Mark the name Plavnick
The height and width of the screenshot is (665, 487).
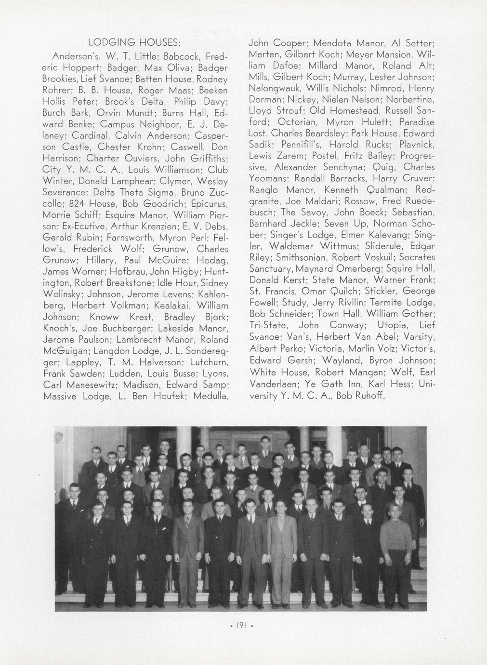pos(418,145)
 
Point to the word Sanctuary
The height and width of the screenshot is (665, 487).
pos(271,268)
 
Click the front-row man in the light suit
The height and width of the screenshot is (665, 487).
pos(283,542)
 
